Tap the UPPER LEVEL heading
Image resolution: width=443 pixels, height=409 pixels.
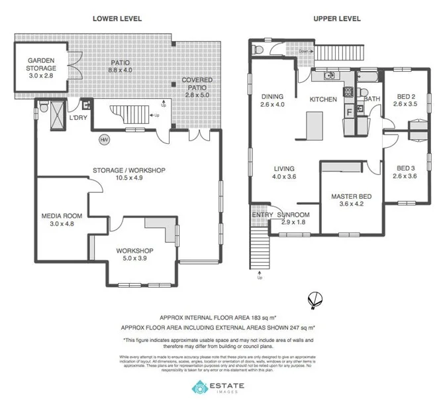tap(337, 19)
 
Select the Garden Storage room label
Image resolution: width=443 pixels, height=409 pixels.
tap(42, 64)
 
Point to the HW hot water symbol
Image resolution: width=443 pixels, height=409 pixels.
tap(104, 140)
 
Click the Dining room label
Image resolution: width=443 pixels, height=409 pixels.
tap(271, 99)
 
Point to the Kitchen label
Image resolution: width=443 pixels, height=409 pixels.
tap(324, 99)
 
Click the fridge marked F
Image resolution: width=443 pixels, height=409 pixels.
tap(349, 111)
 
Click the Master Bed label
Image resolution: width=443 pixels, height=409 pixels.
tap(351, 200)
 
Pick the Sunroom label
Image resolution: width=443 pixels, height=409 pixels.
tap(293, 215)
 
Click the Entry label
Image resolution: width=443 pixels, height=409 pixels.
tap(262, 215)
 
